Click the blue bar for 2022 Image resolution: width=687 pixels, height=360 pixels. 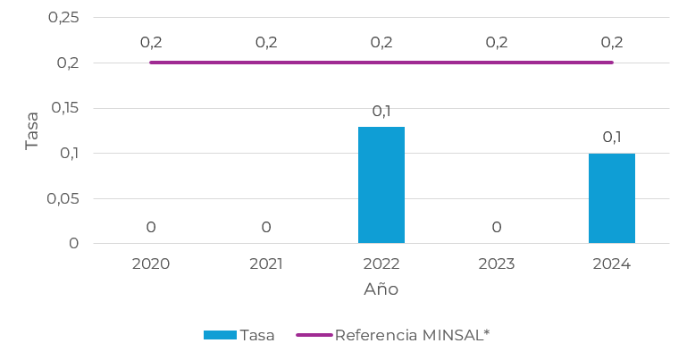click(381, 185)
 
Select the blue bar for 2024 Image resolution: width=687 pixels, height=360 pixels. click(612, 198)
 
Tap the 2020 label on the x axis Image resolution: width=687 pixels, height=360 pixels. click(151, 264)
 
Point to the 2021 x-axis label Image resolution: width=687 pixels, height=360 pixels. click(266, 264)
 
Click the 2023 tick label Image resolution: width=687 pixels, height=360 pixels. click(497, 264)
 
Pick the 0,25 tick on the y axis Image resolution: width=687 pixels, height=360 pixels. click(63, 18)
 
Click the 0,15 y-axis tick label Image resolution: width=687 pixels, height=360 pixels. click(63, 108)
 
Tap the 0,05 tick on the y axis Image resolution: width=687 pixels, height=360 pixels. click(63, 198)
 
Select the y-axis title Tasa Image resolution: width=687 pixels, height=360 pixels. click(32, 130)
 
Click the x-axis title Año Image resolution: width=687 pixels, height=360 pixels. click(381, 289)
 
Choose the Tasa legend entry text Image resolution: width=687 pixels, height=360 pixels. click(257, 335)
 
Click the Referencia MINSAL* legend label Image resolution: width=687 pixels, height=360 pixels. click(412, 335)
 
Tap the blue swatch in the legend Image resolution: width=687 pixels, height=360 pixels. click(220, 335)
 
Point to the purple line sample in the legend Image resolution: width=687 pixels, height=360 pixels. click(314, 335)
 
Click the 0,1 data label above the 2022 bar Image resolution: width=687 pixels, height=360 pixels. click(381, 112)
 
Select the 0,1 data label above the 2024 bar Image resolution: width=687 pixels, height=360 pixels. click(612, 138)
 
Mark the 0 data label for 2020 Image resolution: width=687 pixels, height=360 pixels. click(151, 228)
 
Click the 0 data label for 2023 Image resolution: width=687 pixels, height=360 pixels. click(497, 228)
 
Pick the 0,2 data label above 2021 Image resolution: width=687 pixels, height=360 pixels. click(266, 42)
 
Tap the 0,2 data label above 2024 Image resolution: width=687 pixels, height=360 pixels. click(612, 42)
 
